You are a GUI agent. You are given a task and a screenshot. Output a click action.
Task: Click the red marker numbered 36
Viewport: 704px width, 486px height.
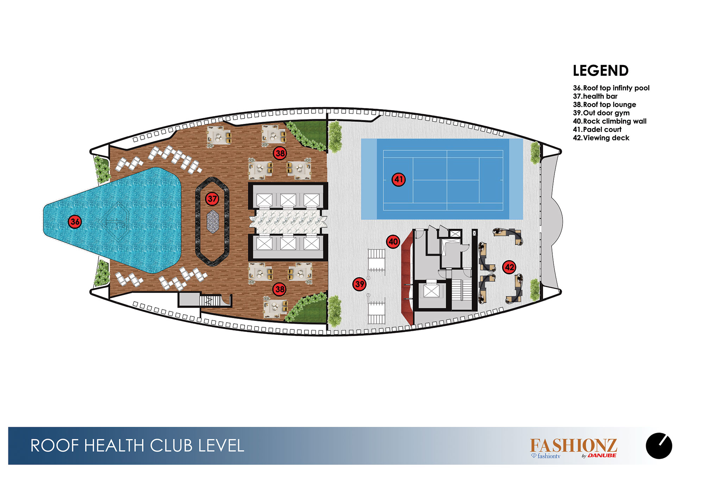(75, 222)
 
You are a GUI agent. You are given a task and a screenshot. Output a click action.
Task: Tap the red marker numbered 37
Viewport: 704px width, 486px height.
(212, 199)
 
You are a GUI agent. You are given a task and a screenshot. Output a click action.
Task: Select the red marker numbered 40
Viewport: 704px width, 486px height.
(393, 242)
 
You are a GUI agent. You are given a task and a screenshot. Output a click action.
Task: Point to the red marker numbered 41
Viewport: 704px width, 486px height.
(399, 179)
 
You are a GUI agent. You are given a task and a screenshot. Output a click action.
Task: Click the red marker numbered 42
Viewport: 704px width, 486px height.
(509, 267)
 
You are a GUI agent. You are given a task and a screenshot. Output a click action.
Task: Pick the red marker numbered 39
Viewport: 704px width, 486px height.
(359, 284)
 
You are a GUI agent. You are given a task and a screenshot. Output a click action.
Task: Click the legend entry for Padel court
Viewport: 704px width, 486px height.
(597, 130)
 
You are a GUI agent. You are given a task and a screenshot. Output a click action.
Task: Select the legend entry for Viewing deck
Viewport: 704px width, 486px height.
(601, 138)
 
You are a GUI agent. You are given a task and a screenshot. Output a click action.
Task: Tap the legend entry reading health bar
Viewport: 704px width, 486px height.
(595, 96)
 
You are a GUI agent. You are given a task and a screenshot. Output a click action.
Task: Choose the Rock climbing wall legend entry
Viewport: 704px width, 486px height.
(609, 121)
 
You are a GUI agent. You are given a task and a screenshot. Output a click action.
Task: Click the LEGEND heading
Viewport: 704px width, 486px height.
(601, 71)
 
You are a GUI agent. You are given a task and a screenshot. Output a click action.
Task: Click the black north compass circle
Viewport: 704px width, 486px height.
(659, 446)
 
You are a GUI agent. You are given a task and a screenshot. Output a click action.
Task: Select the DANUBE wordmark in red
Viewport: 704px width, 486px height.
(602, 455)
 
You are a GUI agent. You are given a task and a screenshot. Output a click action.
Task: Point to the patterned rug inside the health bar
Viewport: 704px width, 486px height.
(212, 222)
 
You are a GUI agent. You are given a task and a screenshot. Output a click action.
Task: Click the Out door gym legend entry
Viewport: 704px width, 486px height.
(601, 113)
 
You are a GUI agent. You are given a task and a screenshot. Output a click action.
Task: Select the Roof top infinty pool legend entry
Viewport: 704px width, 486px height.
(611, 88)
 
